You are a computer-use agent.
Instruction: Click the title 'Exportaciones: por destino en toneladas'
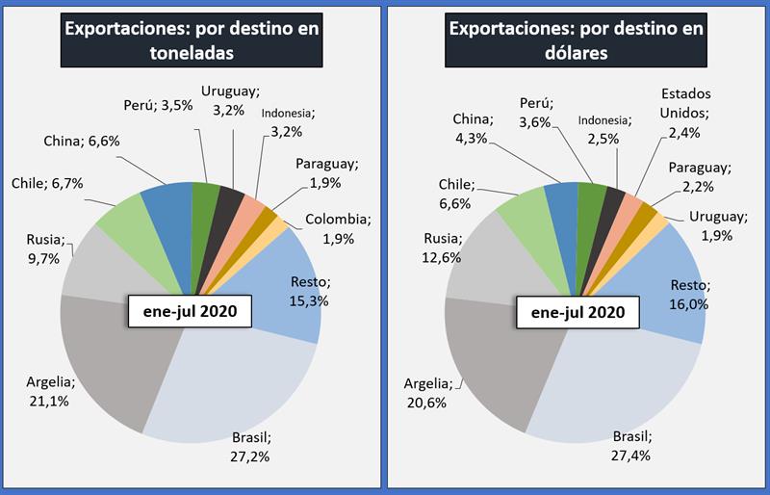pos(192,40)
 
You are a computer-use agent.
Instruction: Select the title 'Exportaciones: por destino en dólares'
pos(577,40)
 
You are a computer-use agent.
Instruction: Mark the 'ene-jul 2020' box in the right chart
pos(577,313)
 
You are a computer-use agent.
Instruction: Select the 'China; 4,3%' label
pos(473,128)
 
